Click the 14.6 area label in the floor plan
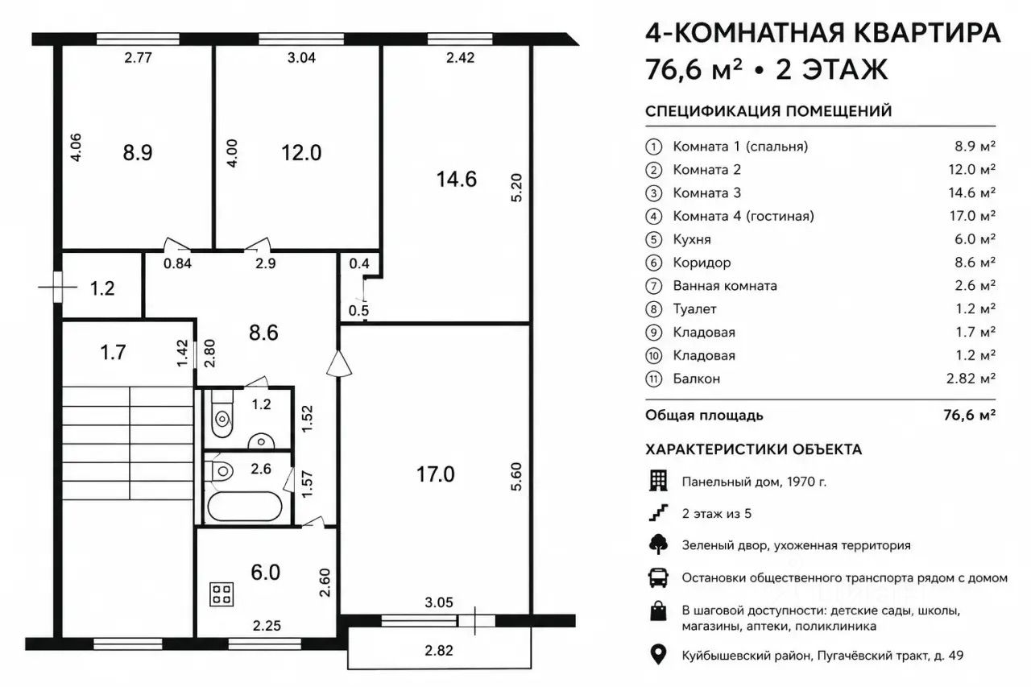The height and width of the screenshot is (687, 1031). [456, 179]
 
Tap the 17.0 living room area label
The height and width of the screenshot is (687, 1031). [436, 474]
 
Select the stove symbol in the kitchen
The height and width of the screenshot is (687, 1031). [222, 594]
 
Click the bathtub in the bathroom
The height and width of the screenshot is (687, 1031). [244, 507]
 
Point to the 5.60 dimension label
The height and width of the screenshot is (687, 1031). [516, 477]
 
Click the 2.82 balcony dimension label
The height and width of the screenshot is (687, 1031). [439, 650]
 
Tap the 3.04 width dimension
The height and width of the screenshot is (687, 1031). [301, 57]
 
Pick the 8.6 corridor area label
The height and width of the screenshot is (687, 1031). [263, 333]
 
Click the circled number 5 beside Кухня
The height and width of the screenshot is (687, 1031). [653, 239]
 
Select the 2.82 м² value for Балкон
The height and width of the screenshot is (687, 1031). [971, 379]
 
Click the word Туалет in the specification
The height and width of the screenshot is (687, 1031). [694, 308]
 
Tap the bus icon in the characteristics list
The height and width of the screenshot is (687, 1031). [658, 577]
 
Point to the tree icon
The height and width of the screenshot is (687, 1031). [658, 544]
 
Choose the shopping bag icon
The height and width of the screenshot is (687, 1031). [658, 610]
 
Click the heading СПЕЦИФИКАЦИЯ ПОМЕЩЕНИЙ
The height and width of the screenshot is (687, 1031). [768, 111]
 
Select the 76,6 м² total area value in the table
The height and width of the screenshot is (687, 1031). [969, 415]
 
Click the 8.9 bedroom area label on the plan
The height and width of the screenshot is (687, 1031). [138, 152]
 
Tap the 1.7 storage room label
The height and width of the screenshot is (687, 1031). [113, 353]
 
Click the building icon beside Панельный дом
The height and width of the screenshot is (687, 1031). [658, 481]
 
